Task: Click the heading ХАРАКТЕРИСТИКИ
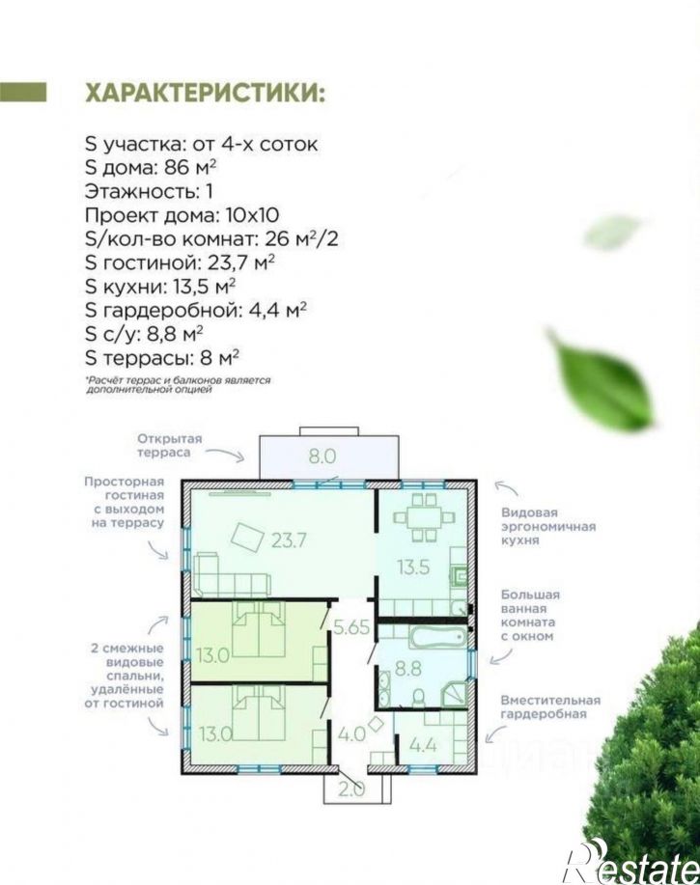pyautogui.click(x=205, y=93)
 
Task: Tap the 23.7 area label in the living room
pyautogui.click(x=289, y=540)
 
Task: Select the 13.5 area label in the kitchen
pyautogui.click(x=413, y=567)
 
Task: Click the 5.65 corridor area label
pyautogui.click(x=351, y=627)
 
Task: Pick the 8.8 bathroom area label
pyautogui.click(x=408, y=669)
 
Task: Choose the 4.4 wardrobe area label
pyautogui.click(x=423, y=746)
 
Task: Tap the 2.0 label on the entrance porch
pyautogui.click(x=351, y=789)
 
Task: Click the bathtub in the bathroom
pyautogui.click(x=438, y=637)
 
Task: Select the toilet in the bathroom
pyautogui.click(x=419, y=698)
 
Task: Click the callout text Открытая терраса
pyautogui.click(x=169, y=446)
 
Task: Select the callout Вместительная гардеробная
pyautogui.click(x=550, y=707)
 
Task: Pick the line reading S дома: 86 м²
pyautogui.click(x=152, y=168)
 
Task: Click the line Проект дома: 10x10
pyautogui.click(x=182, y=215)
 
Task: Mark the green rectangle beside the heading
pyautogui.click(x=23, y=93)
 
